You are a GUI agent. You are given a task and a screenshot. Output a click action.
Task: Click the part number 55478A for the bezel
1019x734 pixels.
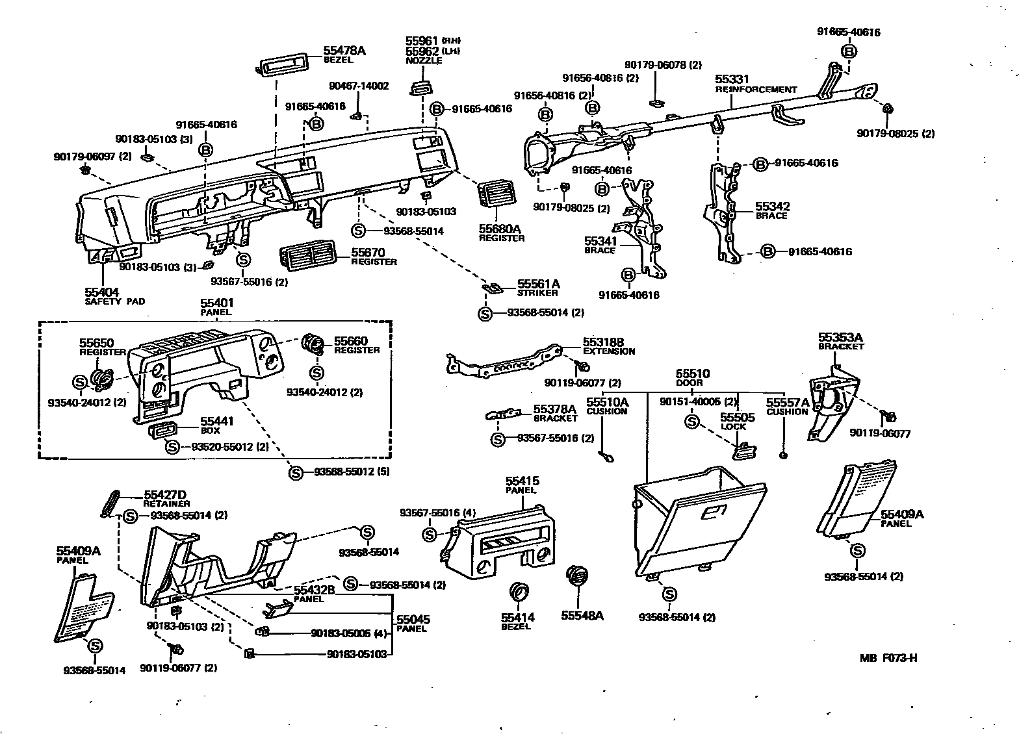(344, 50)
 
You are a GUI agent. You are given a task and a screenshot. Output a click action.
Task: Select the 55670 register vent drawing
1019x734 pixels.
(310, 257)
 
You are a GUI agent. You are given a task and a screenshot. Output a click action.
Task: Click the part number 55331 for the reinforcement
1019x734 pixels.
(732, 80)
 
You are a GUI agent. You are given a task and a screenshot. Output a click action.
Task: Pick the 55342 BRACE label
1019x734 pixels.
(771, 210)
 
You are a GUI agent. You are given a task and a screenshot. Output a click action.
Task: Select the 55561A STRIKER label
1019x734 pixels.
(538, 288)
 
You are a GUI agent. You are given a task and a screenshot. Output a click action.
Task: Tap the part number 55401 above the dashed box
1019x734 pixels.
(217, 303)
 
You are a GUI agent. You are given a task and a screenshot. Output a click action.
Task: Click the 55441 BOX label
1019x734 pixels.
(216, 425)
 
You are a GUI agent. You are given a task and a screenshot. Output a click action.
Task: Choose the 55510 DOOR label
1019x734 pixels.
(692, 377)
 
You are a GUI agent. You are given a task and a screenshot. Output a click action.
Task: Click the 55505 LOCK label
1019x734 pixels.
(737, 422)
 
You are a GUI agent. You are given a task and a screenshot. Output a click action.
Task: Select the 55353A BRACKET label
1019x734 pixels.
(841, 341)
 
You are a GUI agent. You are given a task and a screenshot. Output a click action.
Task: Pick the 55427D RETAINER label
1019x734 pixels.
(166, 498)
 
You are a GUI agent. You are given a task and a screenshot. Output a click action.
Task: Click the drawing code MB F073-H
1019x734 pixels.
(888, 657)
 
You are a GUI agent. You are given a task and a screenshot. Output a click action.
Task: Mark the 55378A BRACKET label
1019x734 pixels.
(554, 413)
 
